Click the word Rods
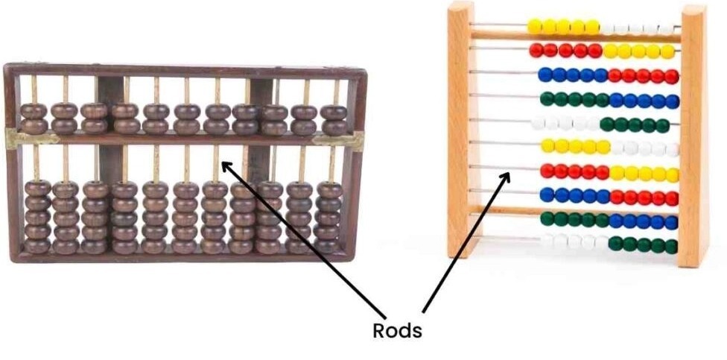397,331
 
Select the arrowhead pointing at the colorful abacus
505,178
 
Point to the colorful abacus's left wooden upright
461,129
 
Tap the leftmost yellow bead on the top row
535,26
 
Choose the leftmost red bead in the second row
536,50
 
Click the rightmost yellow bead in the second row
667,51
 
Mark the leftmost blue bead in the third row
545,75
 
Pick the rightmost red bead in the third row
671,77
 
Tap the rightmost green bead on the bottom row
670,247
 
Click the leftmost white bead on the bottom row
547,241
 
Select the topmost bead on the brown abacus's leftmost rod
34,111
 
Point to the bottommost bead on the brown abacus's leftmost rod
37,245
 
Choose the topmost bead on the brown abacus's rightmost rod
334,113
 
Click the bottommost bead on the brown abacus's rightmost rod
327,245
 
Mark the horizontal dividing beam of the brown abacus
185,139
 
